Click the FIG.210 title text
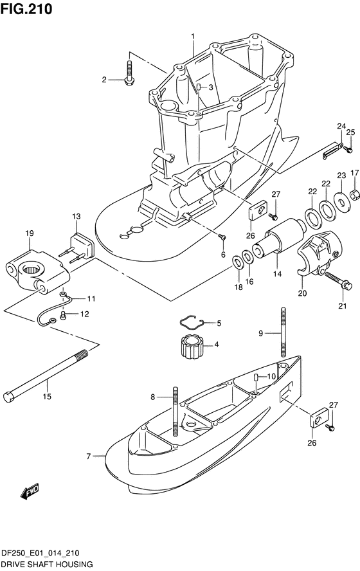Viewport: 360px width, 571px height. (x=26, y=9)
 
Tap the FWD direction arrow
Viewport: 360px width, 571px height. (x=30, y=491)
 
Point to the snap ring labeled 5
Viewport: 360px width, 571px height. (x=192, y=320)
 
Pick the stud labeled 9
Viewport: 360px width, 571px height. (x=283, y=332)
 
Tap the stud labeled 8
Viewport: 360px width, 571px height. (x=175, y=411)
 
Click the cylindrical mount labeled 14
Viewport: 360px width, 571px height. (x=279, y=239)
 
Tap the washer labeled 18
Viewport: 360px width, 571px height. (x=237, y=262)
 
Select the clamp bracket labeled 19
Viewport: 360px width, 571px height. (x=37, y=269)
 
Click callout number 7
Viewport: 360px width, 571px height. (x=89, y=455)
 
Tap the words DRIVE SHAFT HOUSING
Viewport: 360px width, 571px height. (x=46, y=565)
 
